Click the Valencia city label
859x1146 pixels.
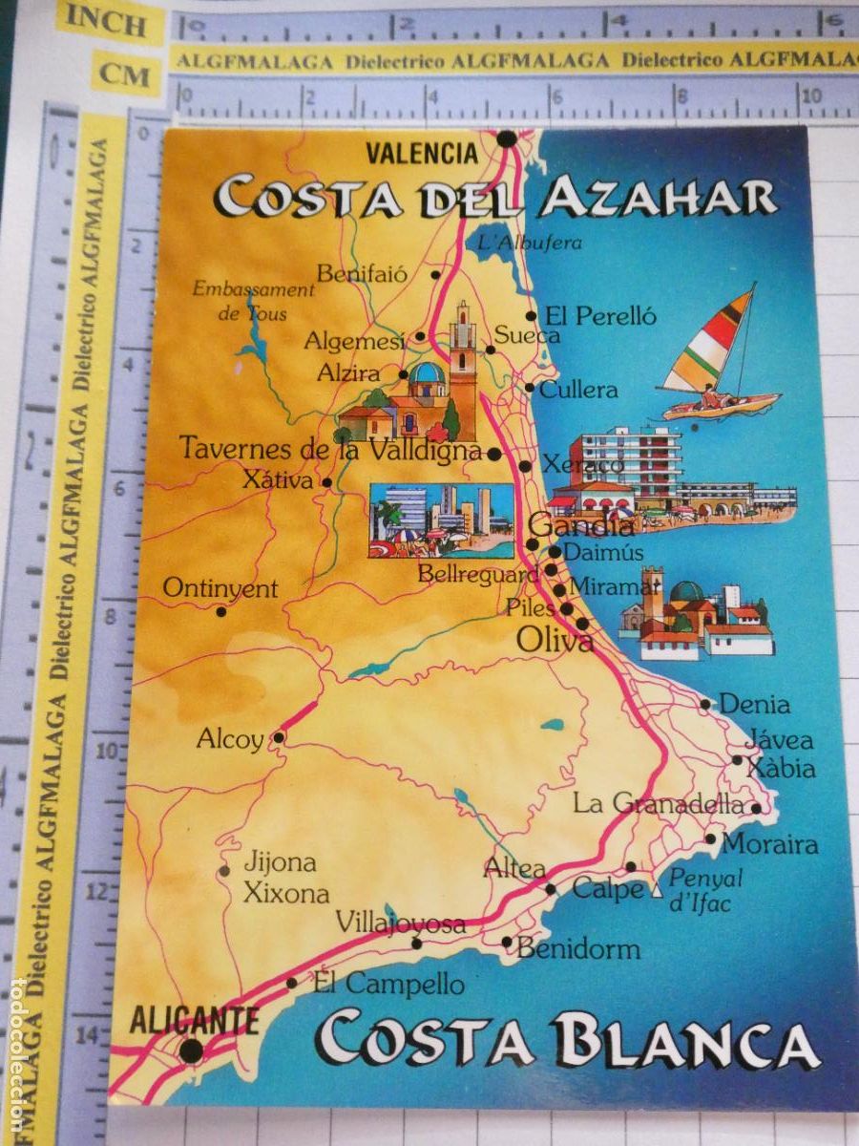422,153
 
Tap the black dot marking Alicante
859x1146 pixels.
191,1050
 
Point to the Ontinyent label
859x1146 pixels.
220,588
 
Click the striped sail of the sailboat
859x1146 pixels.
711,342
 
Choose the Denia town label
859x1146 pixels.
754,705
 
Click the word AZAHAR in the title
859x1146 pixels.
657,198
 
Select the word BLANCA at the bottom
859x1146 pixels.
684,1042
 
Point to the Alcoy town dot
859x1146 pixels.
279,737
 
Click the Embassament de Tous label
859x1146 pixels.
253,300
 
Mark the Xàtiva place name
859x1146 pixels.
277,480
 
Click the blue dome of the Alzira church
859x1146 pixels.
427,372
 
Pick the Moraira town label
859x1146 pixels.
769,844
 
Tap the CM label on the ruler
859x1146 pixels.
126,74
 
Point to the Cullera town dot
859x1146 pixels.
530,387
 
